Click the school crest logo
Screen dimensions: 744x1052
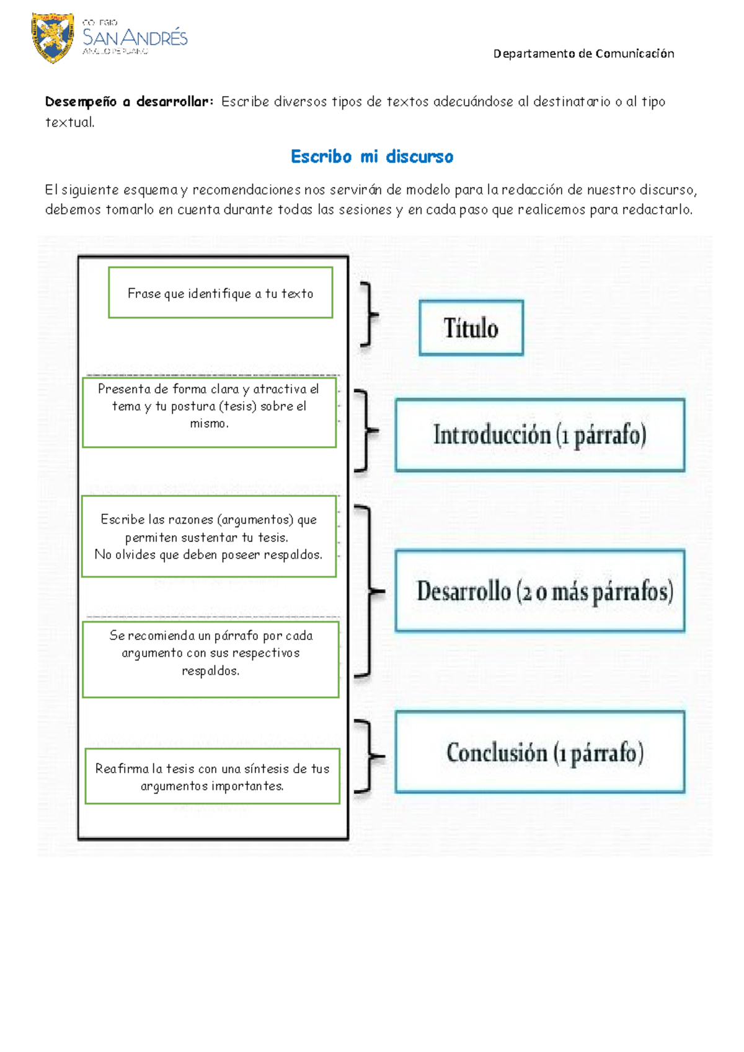(53, 37)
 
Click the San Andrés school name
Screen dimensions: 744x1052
(135, 38)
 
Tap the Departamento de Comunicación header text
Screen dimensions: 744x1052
(583, 54)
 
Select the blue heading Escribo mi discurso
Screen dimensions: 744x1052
(372, 157)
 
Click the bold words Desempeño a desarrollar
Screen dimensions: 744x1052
(129, 102)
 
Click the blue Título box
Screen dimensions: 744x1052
(471, 328)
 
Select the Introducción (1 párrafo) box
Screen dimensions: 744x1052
(539, 435)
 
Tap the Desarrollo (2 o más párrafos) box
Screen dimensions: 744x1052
(539, 591)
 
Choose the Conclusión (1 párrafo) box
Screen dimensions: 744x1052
(539, 752)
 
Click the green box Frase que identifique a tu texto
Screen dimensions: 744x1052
(220, 293)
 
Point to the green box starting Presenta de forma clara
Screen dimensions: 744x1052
(209, 412)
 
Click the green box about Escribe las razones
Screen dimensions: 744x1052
(209, 537)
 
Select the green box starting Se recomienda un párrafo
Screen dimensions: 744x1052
(210, 659)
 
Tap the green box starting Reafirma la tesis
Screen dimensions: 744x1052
(212, 776)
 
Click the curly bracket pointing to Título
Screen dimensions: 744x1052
(369, 314)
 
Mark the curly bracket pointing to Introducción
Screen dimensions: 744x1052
(366, 430)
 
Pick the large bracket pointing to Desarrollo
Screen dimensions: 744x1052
(369, 591)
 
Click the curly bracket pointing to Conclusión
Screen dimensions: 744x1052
(369, 756)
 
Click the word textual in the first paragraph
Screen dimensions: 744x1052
(69, 123)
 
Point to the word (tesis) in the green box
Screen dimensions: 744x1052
(238, 406)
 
